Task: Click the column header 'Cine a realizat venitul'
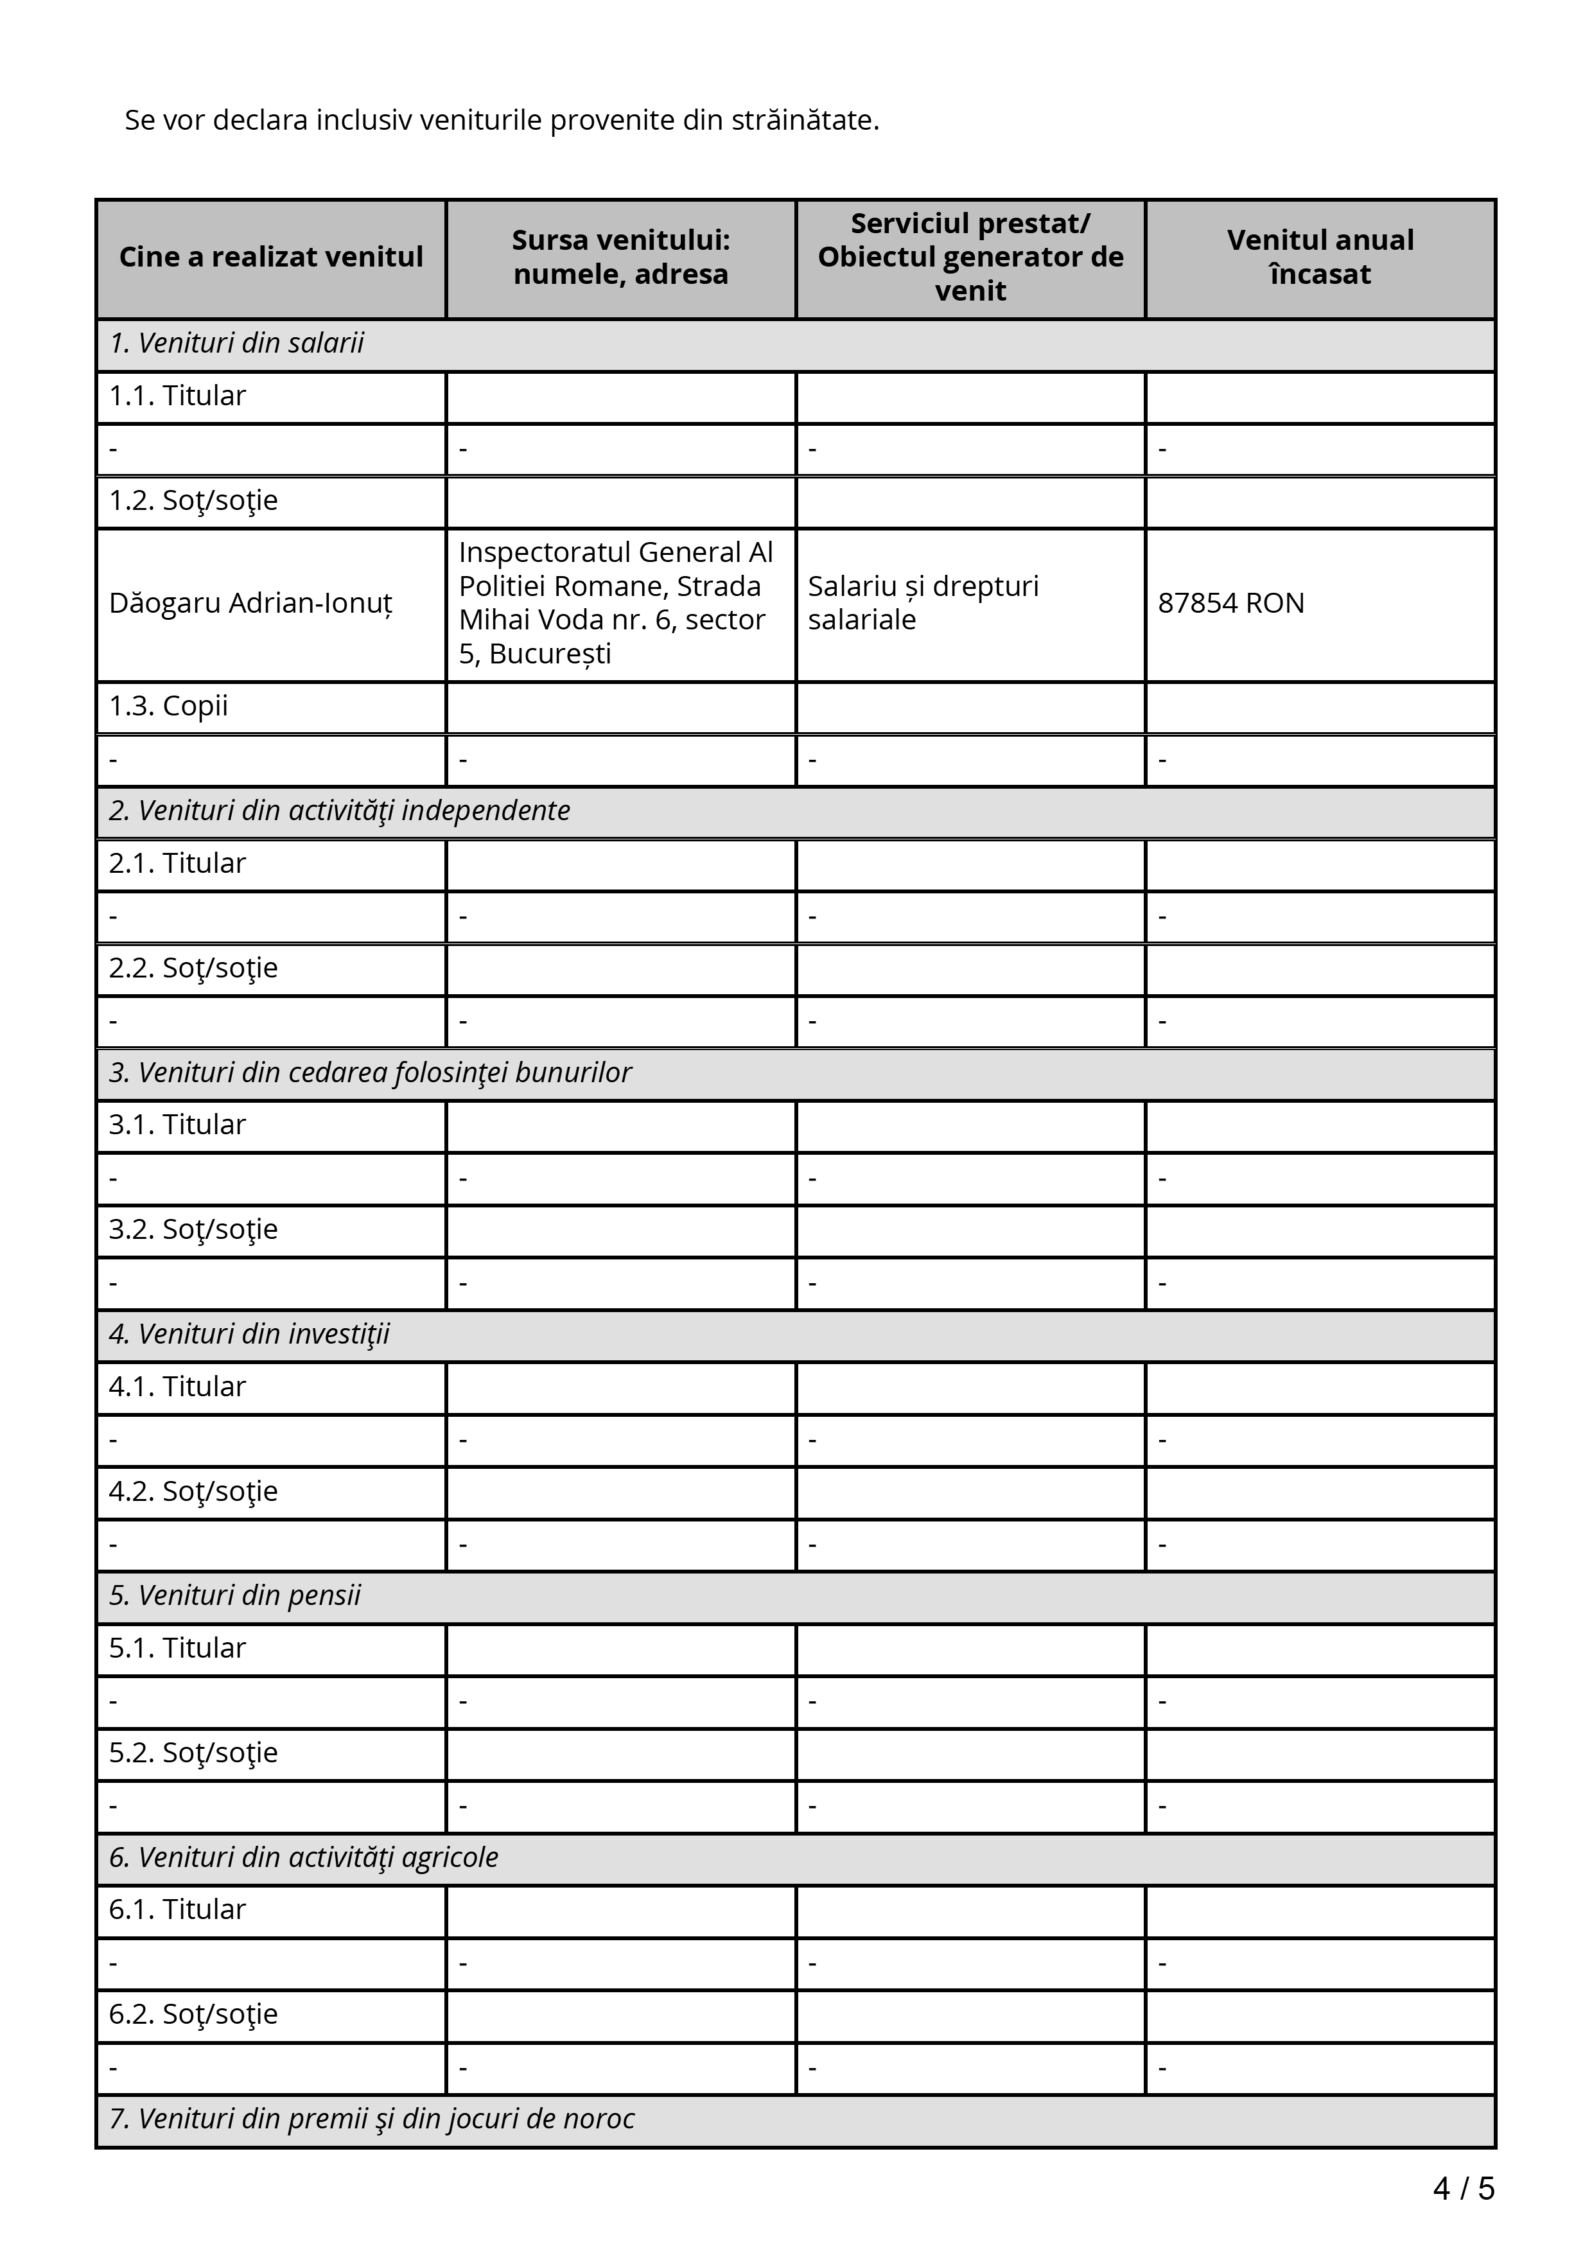click(271, 257)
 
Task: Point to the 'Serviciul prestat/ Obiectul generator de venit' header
click(970, 257)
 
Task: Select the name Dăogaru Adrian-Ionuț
click(250, 604)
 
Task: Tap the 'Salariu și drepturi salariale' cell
click(922, 604)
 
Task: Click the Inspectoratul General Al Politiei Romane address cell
click(616, 604)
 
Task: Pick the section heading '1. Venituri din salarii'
click(236, 344)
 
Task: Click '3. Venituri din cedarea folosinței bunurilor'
click(370, 1073)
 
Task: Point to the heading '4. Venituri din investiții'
click(249, 1335)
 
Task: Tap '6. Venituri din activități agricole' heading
click(303, 1857)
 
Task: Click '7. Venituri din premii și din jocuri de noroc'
click(372, 2119)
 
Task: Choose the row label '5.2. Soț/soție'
click(193, 1753)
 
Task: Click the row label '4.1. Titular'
click(177, 1387)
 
